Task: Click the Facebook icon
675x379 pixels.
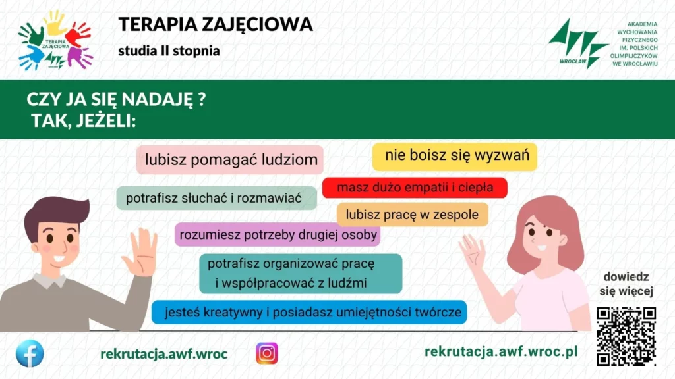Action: tap(30, 353)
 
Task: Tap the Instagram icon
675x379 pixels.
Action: tap(267, 353)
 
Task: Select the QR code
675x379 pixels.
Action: tap(626, 336)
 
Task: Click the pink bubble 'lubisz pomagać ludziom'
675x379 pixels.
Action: tap(230, 159)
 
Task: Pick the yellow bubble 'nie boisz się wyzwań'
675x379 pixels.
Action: tap(455, 156)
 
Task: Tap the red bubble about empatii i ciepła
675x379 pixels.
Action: tap(415, 188)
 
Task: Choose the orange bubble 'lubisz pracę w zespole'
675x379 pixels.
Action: tap(413, 215)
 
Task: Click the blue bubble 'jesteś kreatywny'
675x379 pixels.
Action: tap(309, 312)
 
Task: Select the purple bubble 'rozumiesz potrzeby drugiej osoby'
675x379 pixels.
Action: tap(278, 235)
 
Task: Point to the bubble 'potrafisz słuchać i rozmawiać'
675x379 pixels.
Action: tap(216, 198)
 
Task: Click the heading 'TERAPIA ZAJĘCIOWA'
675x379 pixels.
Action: tap(216, 24)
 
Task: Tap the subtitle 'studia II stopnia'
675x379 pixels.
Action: tap(169, 51)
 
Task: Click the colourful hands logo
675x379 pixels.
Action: tap(55, 40)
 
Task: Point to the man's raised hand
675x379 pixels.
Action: tap(140, 252)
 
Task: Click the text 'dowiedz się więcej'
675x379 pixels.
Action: tap(626, 284)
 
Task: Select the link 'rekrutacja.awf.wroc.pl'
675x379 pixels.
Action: tap(501, 351)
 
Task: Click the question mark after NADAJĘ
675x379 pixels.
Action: tap(202, 99)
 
